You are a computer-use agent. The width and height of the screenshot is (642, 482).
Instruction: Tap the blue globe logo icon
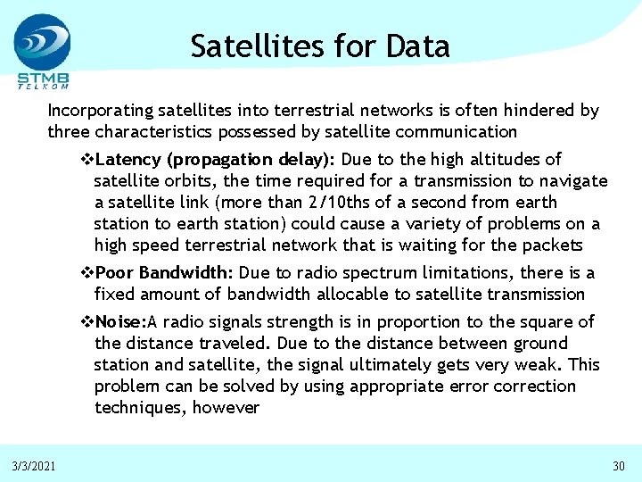pyautogui.click(x=41, y=41)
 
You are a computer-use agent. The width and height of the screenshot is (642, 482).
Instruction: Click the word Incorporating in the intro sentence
pyautogui.click(x=100, y=111)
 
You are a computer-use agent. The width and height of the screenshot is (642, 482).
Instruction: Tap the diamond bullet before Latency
pyautogui.click(x=86, y=160)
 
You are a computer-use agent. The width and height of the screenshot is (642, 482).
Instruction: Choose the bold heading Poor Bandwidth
pyautogui.click(x=163, y=272)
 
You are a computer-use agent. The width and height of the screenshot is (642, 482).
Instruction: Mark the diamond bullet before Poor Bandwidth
pyautogui.click(x=86, y=272)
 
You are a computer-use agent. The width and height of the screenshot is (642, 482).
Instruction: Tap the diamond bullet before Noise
pyautogui.click(x=86, y=321)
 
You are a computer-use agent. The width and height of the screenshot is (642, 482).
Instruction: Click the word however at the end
pyautogui.click(x=227, y=408)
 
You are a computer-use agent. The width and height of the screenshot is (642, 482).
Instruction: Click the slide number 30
pyautogui.click(x=619, y=466)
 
